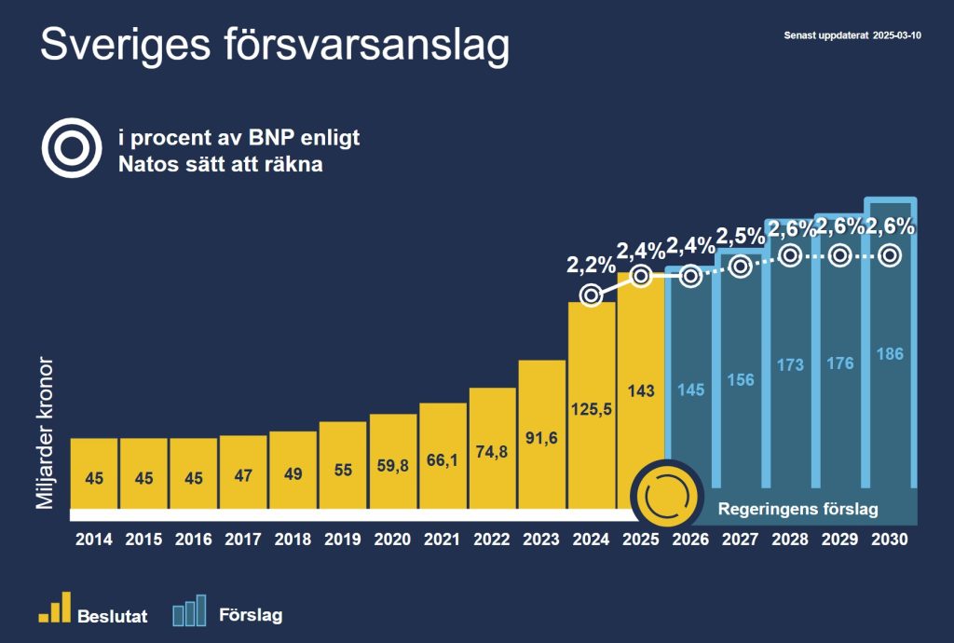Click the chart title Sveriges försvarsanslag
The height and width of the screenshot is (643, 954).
coord(275,46)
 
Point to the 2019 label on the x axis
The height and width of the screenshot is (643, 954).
coord(342,540)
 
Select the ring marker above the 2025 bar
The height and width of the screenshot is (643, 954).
coord(640,276)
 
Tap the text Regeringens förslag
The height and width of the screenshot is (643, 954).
coord(798,510)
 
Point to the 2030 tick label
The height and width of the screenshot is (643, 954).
coord(890,540)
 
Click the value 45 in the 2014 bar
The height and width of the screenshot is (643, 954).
coord(93,478)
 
